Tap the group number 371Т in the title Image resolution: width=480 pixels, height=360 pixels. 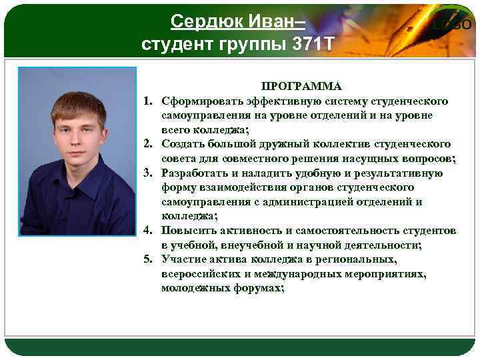pyautogui.click(x=311, y=45)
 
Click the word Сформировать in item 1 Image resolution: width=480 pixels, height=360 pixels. pyautogui.click(x=197, y=101)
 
